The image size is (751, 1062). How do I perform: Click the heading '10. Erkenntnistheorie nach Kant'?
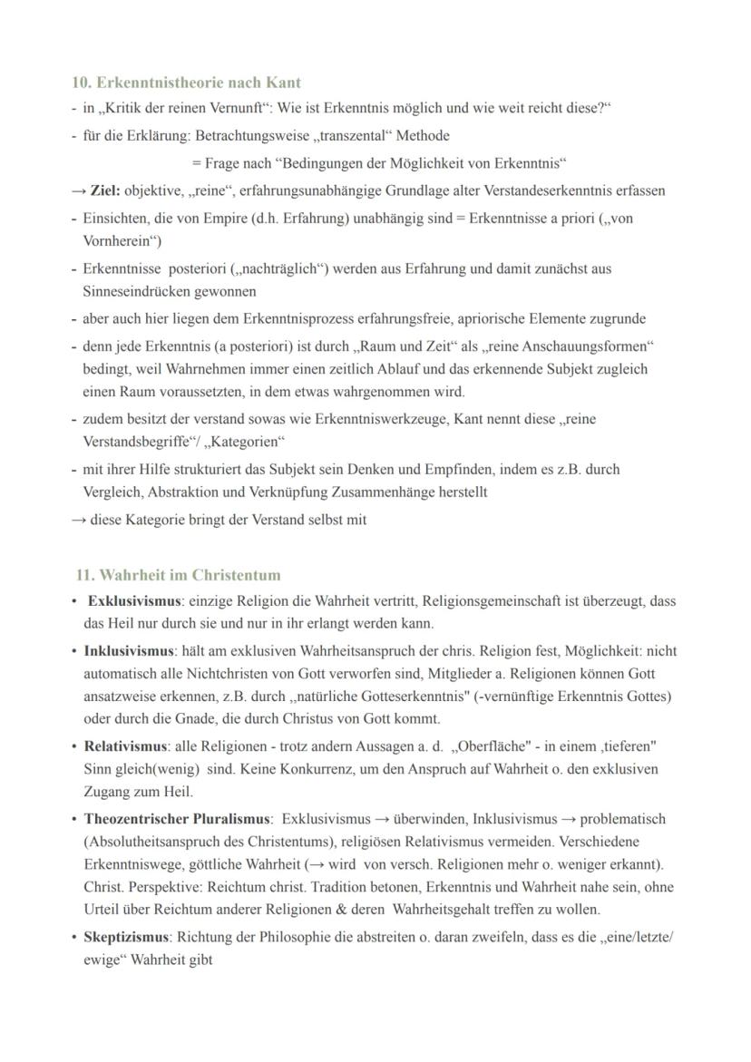coord(186,83)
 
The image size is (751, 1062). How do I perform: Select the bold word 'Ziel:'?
coord(105,191)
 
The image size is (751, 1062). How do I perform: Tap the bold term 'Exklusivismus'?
coord(134,601)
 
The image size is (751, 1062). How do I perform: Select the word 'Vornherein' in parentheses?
coord(117,241)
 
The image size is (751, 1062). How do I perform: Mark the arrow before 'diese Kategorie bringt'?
coord(79,521)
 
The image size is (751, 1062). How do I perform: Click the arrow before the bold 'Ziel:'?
coord(79,191)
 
